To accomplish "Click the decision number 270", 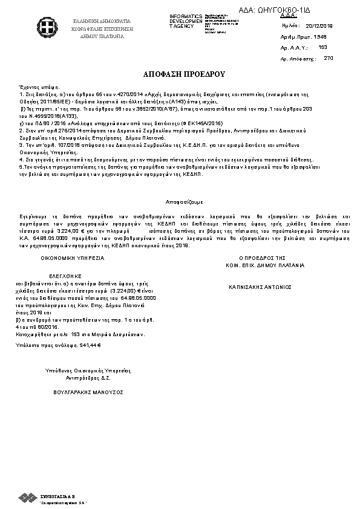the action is pos(329,58).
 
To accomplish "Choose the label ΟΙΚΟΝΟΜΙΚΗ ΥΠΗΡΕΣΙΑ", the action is pos(73,258).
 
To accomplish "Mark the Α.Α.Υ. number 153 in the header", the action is pos(322,47).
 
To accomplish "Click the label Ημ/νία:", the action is pos(290,27).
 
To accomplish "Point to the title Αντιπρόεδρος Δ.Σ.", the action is pos(88,377).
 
